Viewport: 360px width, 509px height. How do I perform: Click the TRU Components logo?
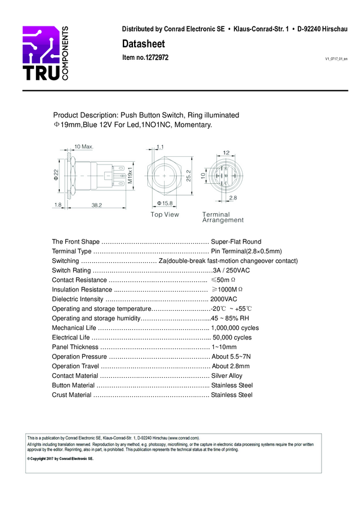tap(46, 54)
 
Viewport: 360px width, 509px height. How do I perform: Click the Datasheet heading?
tap(143, 44)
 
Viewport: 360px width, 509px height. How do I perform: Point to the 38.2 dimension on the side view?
tap(96, 205)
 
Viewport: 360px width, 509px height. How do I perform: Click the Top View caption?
tap(165, 214)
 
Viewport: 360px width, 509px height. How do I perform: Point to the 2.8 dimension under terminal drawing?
tap(232, 197)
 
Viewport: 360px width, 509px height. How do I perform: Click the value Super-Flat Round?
tap(236, 242)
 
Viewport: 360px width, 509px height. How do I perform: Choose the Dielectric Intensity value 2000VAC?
tap(223, 299)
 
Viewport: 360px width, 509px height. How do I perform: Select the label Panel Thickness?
tap(75, 347)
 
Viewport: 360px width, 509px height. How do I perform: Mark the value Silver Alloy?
tap(227, 376)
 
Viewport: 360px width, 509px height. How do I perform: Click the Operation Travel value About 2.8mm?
tap(231, 366)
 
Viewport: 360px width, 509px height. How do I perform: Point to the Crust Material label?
tap(72, 395)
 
